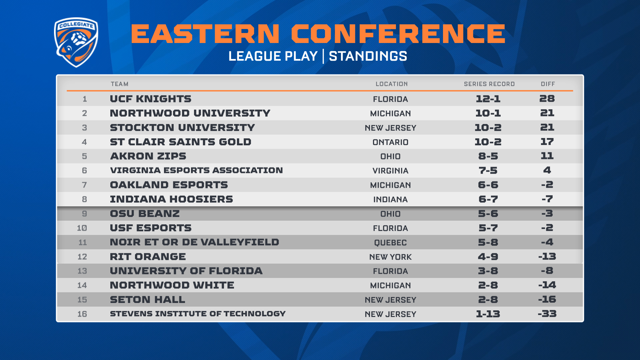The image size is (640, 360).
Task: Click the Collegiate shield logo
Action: (76, 42)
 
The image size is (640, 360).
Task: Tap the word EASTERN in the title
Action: (205, 34)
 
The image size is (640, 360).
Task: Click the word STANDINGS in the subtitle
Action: (368, 56)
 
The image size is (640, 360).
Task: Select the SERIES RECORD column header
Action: (489, 84)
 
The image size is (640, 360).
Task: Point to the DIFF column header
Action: (548, 84)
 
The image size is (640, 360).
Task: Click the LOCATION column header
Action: (392, 84)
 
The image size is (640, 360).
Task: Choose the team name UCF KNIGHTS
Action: (151, 99)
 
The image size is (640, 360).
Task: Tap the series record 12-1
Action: (488, 99)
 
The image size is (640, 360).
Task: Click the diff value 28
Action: (547, 98)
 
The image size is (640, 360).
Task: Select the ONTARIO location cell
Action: (390, 142)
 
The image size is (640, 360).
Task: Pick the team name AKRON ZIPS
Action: (148, 156)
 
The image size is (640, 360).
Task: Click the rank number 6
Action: (84, 171)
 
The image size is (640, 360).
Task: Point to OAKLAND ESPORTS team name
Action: (169, 185)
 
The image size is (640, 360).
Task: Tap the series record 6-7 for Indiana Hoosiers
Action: (488, 199)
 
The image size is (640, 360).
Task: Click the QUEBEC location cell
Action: (390, 243)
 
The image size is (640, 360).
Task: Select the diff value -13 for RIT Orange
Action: (547, 256)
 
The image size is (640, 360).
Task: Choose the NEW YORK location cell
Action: (390, 257)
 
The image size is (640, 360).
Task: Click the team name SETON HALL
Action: (147, 299)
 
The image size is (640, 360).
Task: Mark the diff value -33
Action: (547, 314)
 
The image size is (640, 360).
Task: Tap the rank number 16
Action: (82, 314)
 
